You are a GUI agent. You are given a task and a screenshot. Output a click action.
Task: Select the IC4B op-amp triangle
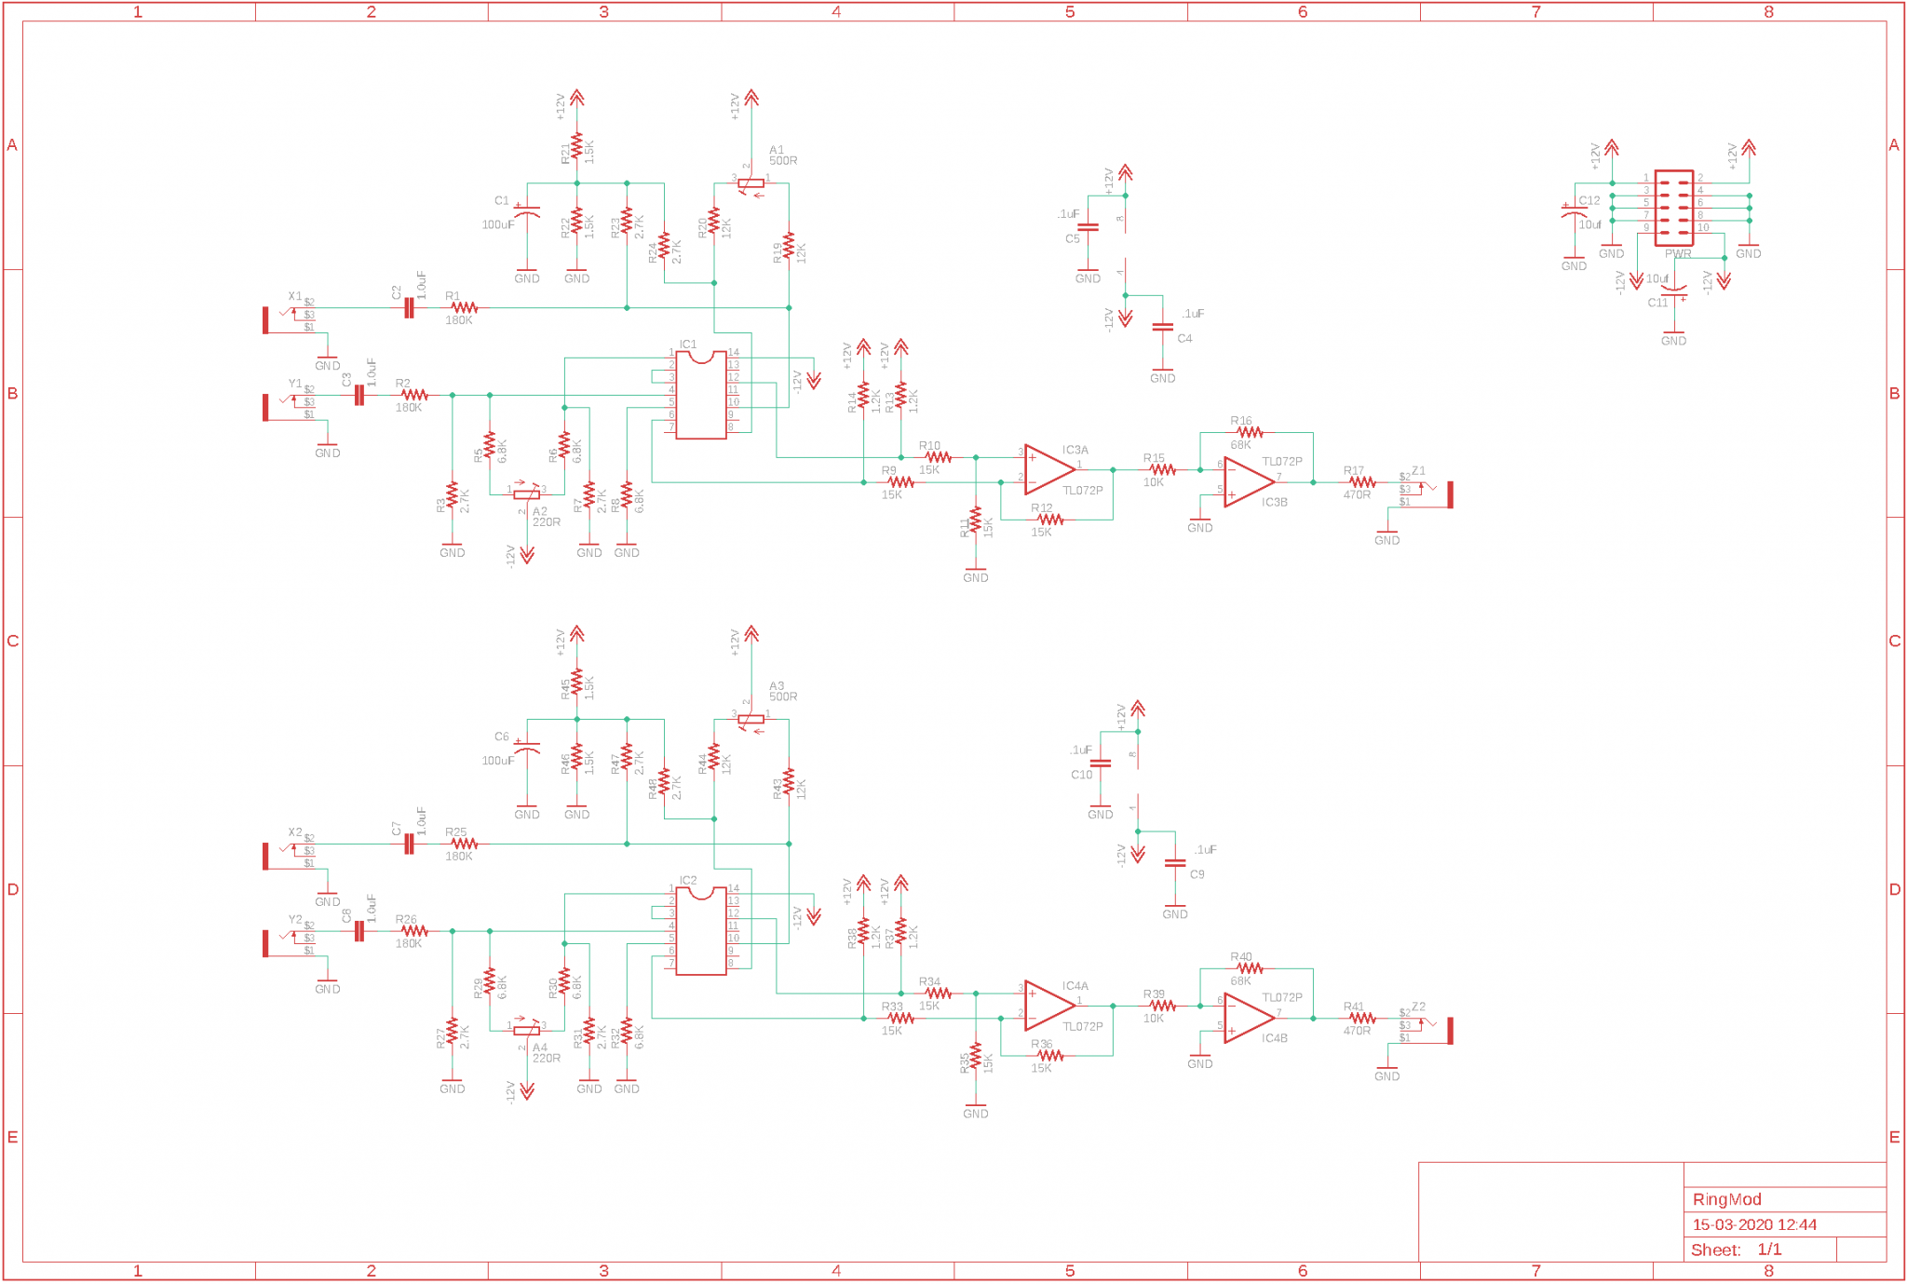[1249, 1018]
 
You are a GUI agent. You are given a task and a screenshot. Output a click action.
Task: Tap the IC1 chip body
[701, 395]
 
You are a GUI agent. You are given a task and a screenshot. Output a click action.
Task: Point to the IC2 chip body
[701, 931]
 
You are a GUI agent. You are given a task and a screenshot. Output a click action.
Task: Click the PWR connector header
[1673, 208]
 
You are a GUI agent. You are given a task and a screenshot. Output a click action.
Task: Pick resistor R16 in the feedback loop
[1250, 432]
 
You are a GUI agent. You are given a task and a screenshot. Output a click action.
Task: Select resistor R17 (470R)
[1361, 482]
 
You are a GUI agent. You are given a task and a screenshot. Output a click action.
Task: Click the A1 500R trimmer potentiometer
[751, 183]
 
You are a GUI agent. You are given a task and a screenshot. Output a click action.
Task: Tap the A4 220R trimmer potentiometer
[526, 1030]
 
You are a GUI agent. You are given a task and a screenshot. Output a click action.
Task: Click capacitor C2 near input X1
[409, 307]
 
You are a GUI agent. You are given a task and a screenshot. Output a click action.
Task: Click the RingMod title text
[1726, 1199]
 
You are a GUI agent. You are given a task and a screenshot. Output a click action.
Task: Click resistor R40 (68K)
[1250, 968]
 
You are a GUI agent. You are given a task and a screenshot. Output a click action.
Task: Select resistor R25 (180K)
[463, 844]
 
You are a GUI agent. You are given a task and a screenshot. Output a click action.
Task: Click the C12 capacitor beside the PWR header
[1574, 213]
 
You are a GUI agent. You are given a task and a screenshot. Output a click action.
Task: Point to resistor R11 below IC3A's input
[975, 521]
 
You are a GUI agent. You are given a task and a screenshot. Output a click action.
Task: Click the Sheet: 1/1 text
[1736, 1250]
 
